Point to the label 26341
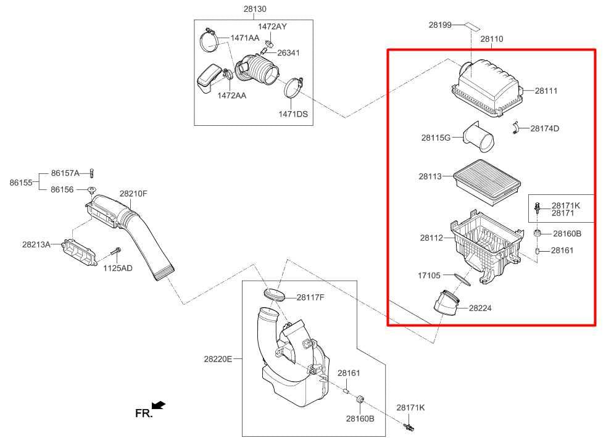click(288, 53)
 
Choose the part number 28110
click(492, 39)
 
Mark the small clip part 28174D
click(515, 128)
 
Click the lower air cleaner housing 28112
click(484, 247)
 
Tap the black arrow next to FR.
click(159, 405)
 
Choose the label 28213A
click(36, 244)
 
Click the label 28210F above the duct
click(133, 194)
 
